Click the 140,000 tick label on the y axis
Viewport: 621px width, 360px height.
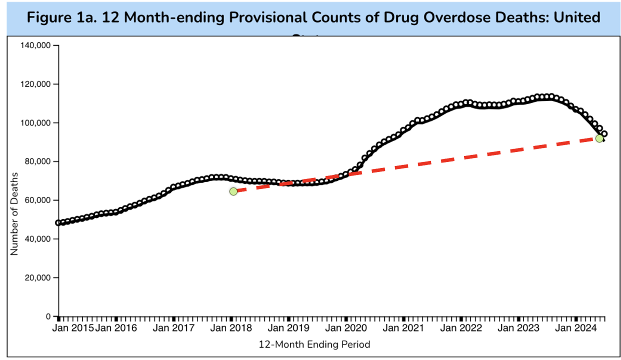click(36, 45)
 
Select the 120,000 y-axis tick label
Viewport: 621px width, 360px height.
click(36, 84)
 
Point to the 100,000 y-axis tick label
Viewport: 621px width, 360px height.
click(36, 123)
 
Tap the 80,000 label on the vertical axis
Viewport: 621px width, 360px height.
click(38, 161)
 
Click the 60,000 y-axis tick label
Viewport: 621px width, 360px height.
click(38, 200)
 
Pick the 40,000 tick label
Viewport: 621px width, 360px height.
click(38, 239)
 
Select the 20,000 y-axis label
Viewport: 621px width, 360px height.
click(38, 278)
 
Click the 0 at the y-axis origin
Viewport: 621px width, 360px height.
click(48, 316)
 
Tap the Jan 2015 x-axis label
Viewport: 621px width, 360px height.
click(73, 328)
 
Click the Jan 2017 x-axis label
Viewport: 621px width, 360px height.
click(173, 328)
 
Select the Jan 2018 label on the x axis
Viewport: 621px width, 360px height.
click(231, 328)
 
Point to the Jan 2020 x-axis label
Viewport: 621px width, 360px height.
click(346, 328)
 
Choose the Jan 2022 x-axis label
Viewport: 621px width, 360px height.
click(461, 328)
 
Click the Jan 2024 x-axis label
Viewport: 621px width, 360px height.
click(575, 328)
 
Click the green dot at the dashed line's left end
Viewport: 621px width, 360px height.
click(233, 191)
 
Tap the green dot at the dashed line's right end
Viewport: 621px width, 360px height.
click(599, 138)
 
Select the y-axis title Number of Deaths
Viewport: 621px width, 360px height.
click(14, 213)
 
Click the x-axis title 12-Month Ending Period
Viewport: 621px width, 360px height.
click(314, 344)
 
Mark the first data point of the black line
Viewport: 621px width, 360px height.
click(58, 222)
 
